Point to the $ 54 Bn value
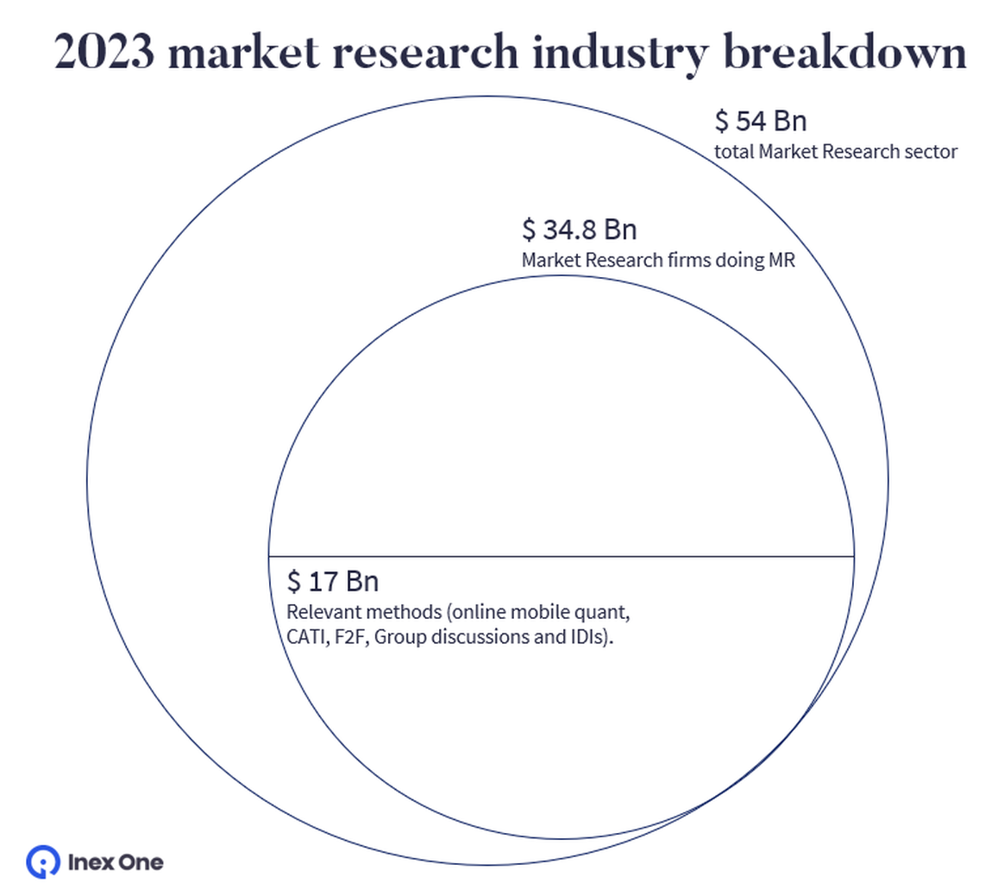(761, 122)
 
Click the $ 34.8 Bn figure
(579, 230)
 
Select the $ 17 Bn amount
(333, 582)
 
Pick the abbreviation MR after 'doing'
(781, 260)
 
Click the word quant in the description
(605, 613)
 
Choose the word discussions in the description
(474, 639)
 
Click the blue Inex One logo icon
(41, 861)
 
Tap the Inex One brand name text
(115, 861)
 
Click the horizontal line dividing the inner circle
(561, 556)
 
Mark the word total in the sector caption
(734, 152)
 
